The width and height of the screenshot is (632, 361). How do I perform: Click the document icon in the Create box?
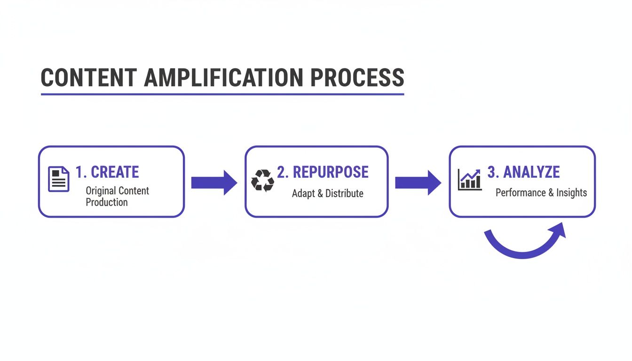tap(59, 179)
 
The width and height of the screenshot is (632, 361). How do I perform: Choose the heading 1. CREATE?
tap(107, 172)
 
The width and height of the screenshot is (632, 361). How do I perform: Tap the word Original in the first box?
tap(101, 191)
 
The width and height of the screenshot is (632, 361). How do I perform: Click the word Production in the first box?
tap(107, 203)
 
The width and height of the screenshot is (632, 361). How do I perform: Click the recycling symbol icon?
tap(262, 180)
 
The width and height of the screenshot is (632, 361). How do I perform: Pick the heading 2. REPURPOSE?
tap(323, 172)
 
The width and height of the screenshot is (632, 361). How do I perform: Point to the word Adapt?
tap(304, 193)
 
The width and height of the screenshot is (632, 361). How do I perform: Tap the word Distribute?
tap(344, 193)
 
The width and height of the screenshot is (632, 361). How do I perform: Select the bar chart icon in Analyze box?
tap(470, 180)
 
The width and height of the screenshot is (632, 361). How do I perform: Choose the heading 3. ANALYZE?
tap(523, 172)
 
